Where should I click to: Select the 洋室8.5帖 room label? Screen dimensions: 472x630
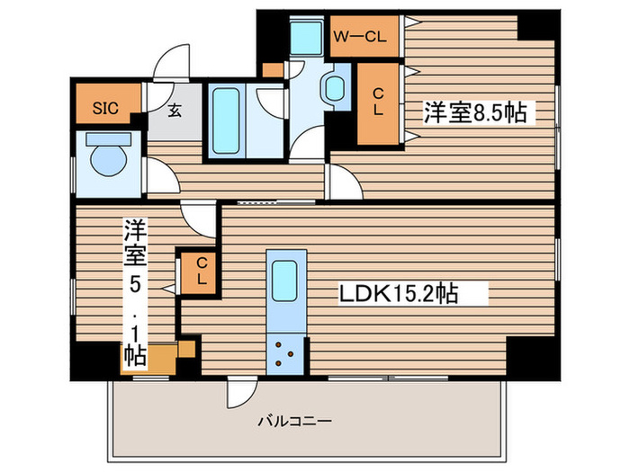pos(475,112)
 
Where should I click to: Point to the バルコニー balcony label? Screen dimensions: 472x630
pos(296,421)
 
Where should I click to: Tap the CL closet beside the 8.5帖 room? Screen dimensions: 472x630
pos(379,102)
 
